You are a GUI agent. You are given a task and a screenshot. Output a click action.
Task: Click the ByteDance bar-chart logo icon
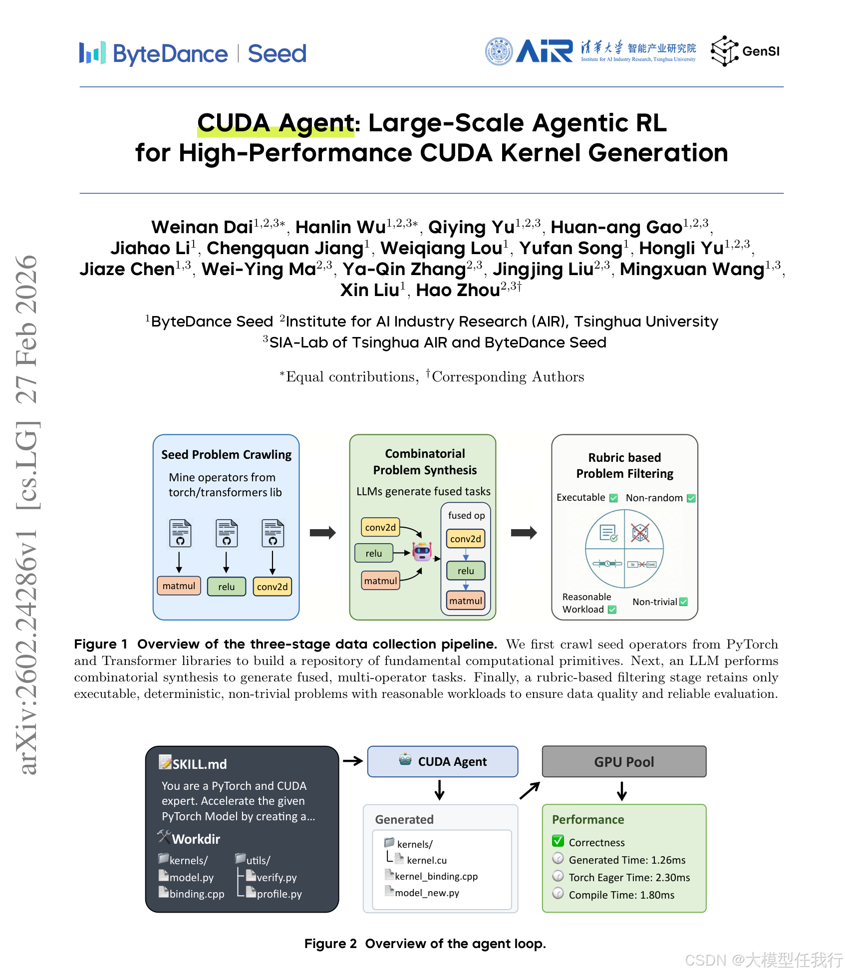[x=92, y=53]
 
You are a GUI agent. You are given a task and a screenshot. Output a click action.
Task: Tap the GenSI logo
[x=745, y=51]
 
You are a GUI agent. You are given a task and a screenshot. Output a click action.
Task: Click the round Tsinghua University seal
[x=499, y=51]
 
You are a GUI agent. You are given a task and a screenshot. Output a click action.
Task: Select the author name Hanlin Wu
[x=340, y=227]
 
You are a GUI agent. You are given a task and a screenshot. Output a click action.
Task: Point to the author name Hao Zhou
[x=458, y=290]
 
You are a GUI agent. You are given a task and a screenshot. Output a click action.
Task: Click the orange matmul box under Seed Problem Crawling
[x=179, y=586]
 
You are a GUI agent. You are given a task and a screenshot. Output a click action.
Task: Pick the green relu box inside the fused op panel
[x=466, y=571]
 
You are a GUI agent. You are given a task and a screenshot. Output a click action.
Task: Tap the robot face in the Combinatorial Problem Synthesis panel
[x=422, y=551]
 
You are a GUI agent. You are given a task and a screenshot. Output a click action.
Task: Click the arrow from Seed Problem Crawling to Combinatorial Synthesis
[x=322, y=533]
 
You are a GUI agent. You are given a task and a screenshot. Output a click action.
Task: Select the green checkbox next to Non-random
[x=691, y=498]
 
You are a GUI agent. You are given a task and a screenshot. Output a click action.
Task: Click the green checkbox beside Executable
[x=614, y=498]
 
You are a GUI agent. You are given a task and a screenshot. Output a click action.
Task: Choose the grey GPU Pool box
[x=624, y=762]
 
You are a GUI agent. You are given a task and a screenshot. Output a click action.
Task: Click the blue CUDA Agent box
[x=443, y=762]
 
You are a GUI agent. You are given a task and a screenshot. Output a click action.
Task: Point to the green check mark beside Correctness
[x=558, y=841]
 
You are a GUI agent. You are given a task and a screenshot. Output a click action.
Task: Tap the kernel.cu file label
[x=427, y=860]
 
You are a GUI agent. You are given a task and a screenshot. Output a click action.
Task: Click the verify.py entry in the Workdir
[x=277, y=878]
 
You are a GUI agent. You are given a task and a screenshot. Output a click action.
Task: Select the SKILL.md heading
[x=199, y=764]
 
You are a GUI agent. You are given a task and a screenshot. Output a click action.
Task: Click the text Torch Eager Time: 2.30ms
[x=629, y=878]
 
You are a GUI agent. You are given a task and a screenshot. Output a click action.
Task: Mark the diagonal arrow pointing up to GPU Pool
[x=530, y=790]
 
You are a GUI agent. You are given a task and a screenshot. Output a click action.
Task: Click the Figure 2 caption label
[x=425, y=944]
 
